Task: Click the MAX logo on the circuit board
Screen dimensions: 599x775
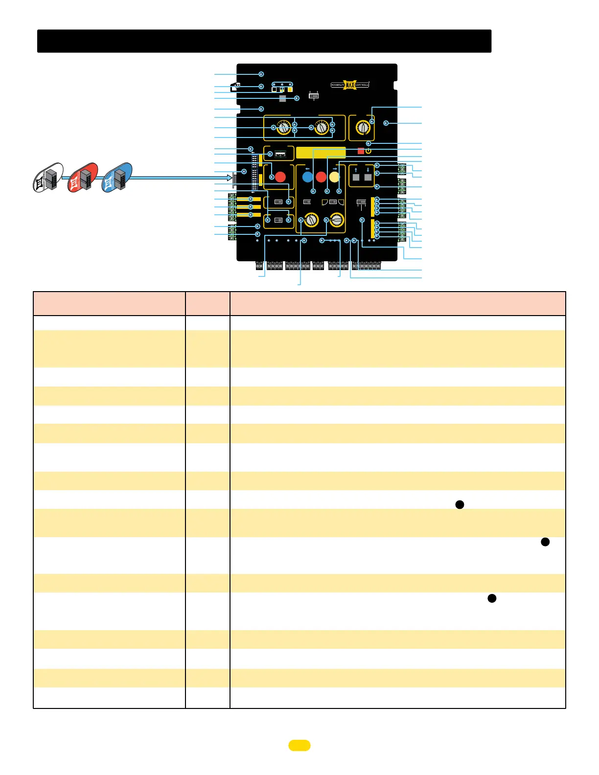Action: (x=350, y=85)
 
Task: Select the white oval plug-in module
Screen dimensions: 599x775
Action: (x=48, y=178)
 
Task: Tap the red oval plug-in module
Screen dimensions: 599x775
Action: (x=83, y=178)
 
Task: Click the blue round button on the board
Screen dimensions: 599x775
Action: (x=307, y=177)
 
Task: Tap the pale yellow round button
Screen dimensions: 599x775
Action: (x=334, y=177)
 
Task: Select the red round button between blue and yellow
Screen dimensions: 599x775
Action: (x=321, y=177)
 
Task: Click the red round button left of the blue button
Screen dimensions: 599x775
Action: (x=280, y=177)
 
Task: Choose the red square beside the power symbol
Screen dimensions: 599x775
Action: (x=361, y=151)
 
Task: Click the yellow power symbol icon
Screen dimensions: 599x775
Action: (x=368, y=151)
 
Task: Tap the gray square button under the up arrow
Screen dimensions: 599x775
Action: (x=356, y=178)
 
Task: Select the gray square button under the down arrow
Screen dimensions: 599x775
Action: (x=368, y=178)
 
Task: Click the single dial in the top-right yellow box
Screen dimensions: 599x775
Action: (x=362, y=128)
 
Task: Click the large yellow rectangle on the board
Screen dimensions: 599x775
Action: (x=321, y=153)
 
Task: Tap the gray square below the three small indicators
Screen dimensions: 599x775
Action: (x=282, y=98)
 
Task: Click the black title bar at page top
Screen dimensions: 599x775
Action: (x=264, y=41)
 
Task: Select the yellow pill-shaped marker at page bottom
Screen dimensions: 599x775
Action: (x=299, y=745)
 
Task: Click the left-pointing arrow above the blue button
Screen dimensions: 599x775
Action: (x=307, y=169)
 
